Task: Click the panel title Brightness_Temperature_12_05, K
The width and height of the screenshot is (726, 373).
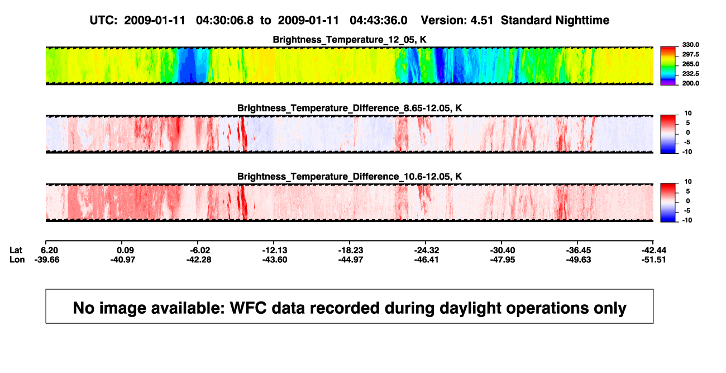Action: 350,40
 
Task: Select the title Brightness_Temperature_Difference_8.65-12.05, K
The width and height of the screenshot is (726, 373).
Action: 350,108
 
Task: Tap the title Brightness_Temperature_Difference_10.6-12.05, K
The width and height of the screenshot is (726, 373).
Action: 350,177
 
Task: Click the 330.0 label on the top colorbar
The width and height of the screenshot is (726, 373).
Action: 690,45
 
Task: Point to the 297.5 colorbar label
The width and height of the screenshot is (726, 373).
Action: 690,55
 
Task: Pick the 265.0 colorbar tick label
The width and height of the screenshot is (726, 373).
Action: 690,64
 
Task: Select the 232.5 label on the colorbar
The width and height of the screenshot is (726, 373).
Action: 690,74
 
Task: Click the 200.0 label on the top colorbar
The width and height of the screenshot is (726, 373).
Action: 690,83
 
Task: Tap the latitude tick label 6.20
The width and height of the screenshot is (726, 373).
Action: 50,251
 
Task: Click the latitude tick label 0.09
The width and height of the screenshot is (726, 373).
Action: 126,251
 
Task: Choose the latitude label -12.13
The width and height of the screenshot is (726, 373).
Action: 275,251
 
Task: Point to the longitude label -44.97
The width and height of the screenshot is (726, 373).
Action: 351,259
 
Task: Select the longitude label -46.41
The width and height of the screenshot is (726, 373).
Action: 427,259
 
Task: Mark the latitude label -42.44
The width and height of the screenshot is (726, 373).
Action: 653,251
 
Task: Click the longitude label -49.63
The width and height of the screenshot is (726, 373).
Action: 579,259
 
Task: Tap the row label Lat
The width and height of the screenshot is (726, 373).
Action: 16,251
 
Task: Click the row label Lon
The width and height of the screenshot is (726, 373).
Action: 17,259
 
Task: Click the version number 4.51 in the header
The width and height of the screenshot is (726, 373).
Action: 482,20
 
